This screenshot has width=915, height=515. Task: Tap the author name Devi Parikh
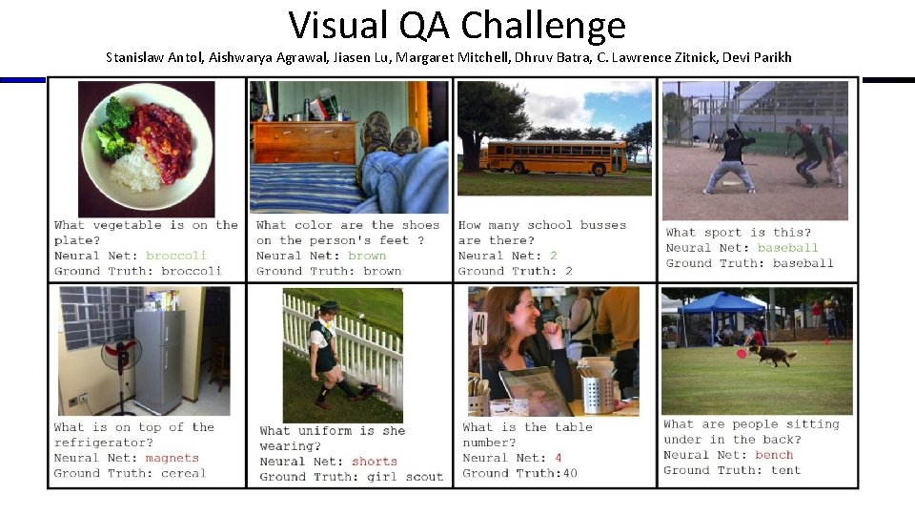point(757,57)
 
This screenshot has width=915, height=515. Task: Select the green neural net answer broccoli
point(175,256)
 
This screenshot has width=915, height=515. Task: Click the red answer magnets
point(173,458)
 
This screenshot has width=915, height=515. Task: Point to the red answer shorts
point(375,462)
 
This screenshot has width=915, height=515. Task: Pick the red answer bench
point(774,455)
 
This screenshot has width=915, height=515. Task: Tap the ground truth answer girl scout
point(405,477)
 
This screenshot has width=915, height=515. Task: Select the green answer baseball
point(788,248)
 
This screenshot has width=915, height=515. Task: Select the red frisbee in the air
point(741,354)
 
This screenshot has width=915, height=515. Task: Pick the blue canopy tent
point(722,304)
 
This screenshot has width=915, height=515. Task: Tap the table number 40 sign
point(479,328)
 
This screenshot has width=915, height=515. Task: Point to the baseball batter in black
point(735,157)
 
